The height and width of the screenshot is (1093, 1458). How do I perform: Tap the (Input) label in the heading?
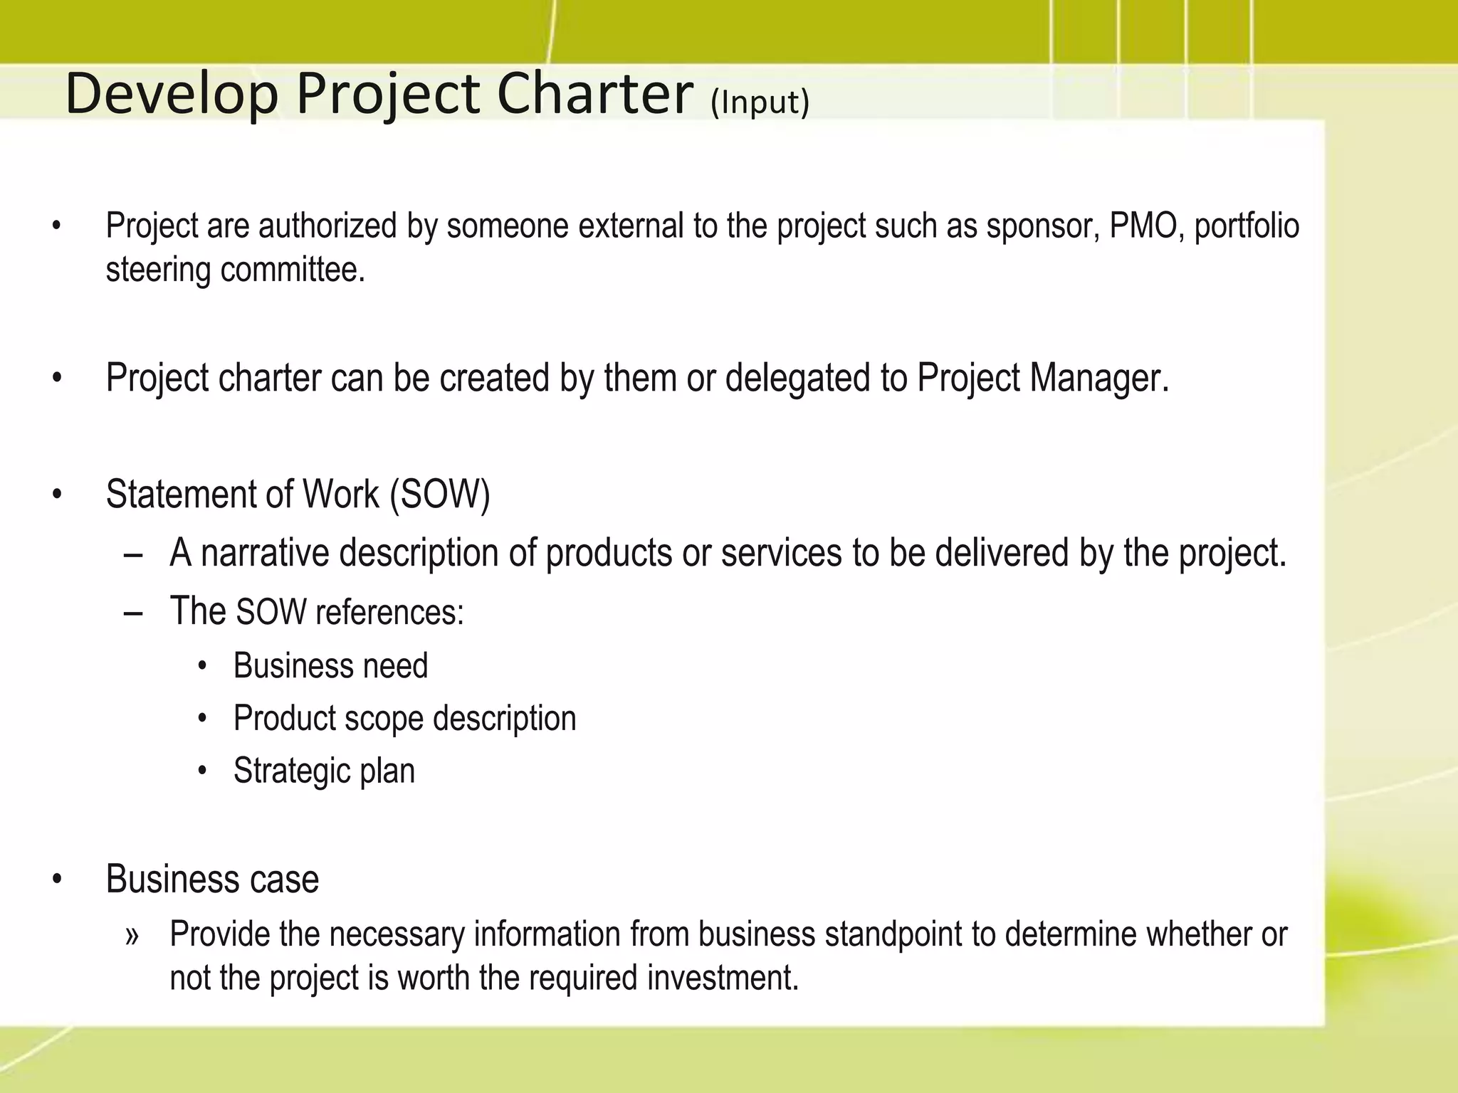click(x=760, y=102)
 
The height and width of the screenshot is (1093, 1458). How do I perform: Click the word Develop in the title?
click(x=172, y=95)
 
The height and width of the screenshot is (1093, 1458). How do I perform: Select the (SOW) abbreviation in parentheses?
click(x=440, y=495)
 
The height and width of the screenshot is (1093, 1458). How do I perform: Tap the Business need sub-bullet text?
click(x=330, y=666)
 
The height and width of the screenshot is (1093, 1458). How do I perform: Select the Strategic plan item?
click(x=324, y=771)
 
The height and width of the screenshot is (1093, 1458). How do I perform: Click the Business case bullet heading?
click(x=212, y=879)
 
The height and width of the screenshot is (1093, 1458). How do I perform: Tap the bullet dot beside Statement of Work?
click(x=57, y=495)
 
